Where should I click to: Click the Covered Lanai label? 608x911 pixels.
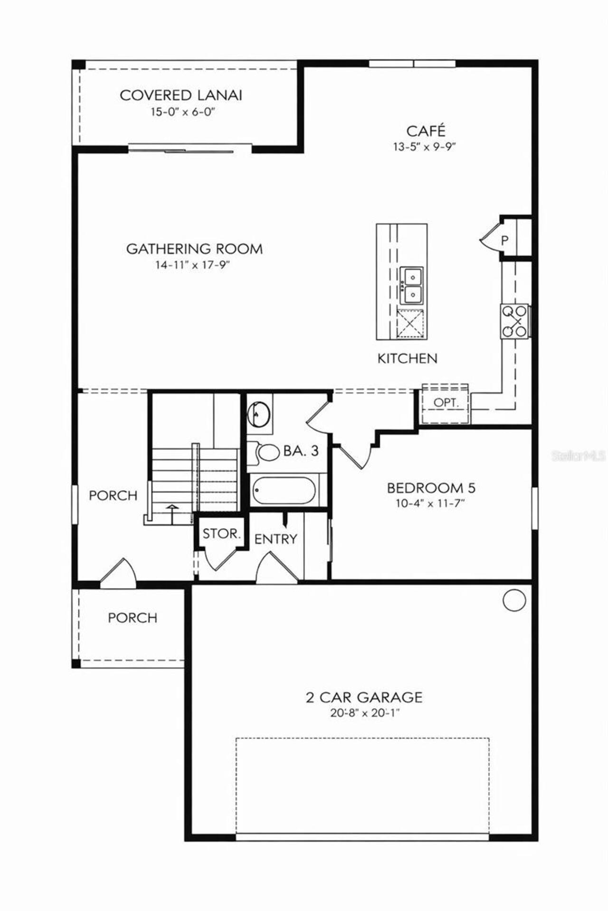pyautogui.click(x=181, y=95)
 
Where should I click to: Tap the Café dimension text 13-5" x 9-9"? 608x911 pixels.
pyautogui.click(x=424, y=147)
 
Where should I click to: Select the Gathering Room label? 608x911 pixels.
pyautogui.click(x=194, y=249)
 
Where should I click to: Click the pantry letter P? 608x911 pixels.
pyautogui.click(x=504, y=240)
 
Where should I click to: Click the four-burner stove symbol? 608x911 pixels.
pyautogui.click(x=514, y=321)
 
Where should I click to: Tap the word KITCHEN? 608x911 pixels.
pyautogui.click(x=407, y=358)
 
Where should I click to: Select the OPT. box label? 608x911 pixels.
pyautogui.click(x=446, y=403)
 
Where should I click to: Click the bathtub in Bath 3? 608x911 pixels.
pyautogui.click(x=284, y=491)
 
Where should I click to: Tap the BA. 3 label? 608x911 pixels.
pyautogui.click(x=301, y=451)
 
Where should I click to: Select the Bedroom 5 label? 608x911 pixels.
pyautogui.click(x=431, y=488)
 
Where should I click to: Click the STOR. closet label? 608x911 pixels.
pyautogui.click(x=221, y=534)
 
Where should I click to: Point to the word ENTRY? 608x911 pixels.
pyautogui.click(x=275, y=539)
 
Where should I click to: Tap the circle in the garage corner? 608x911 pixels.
pyautogui.click(x=514, y=600)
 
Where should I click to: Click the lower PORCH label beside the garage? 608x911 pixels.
pyautogui.click(x=132, y=618)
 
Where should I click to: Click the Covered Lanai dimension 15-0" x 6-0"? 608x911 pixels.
pyautogui.click(x=180, y=112)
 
